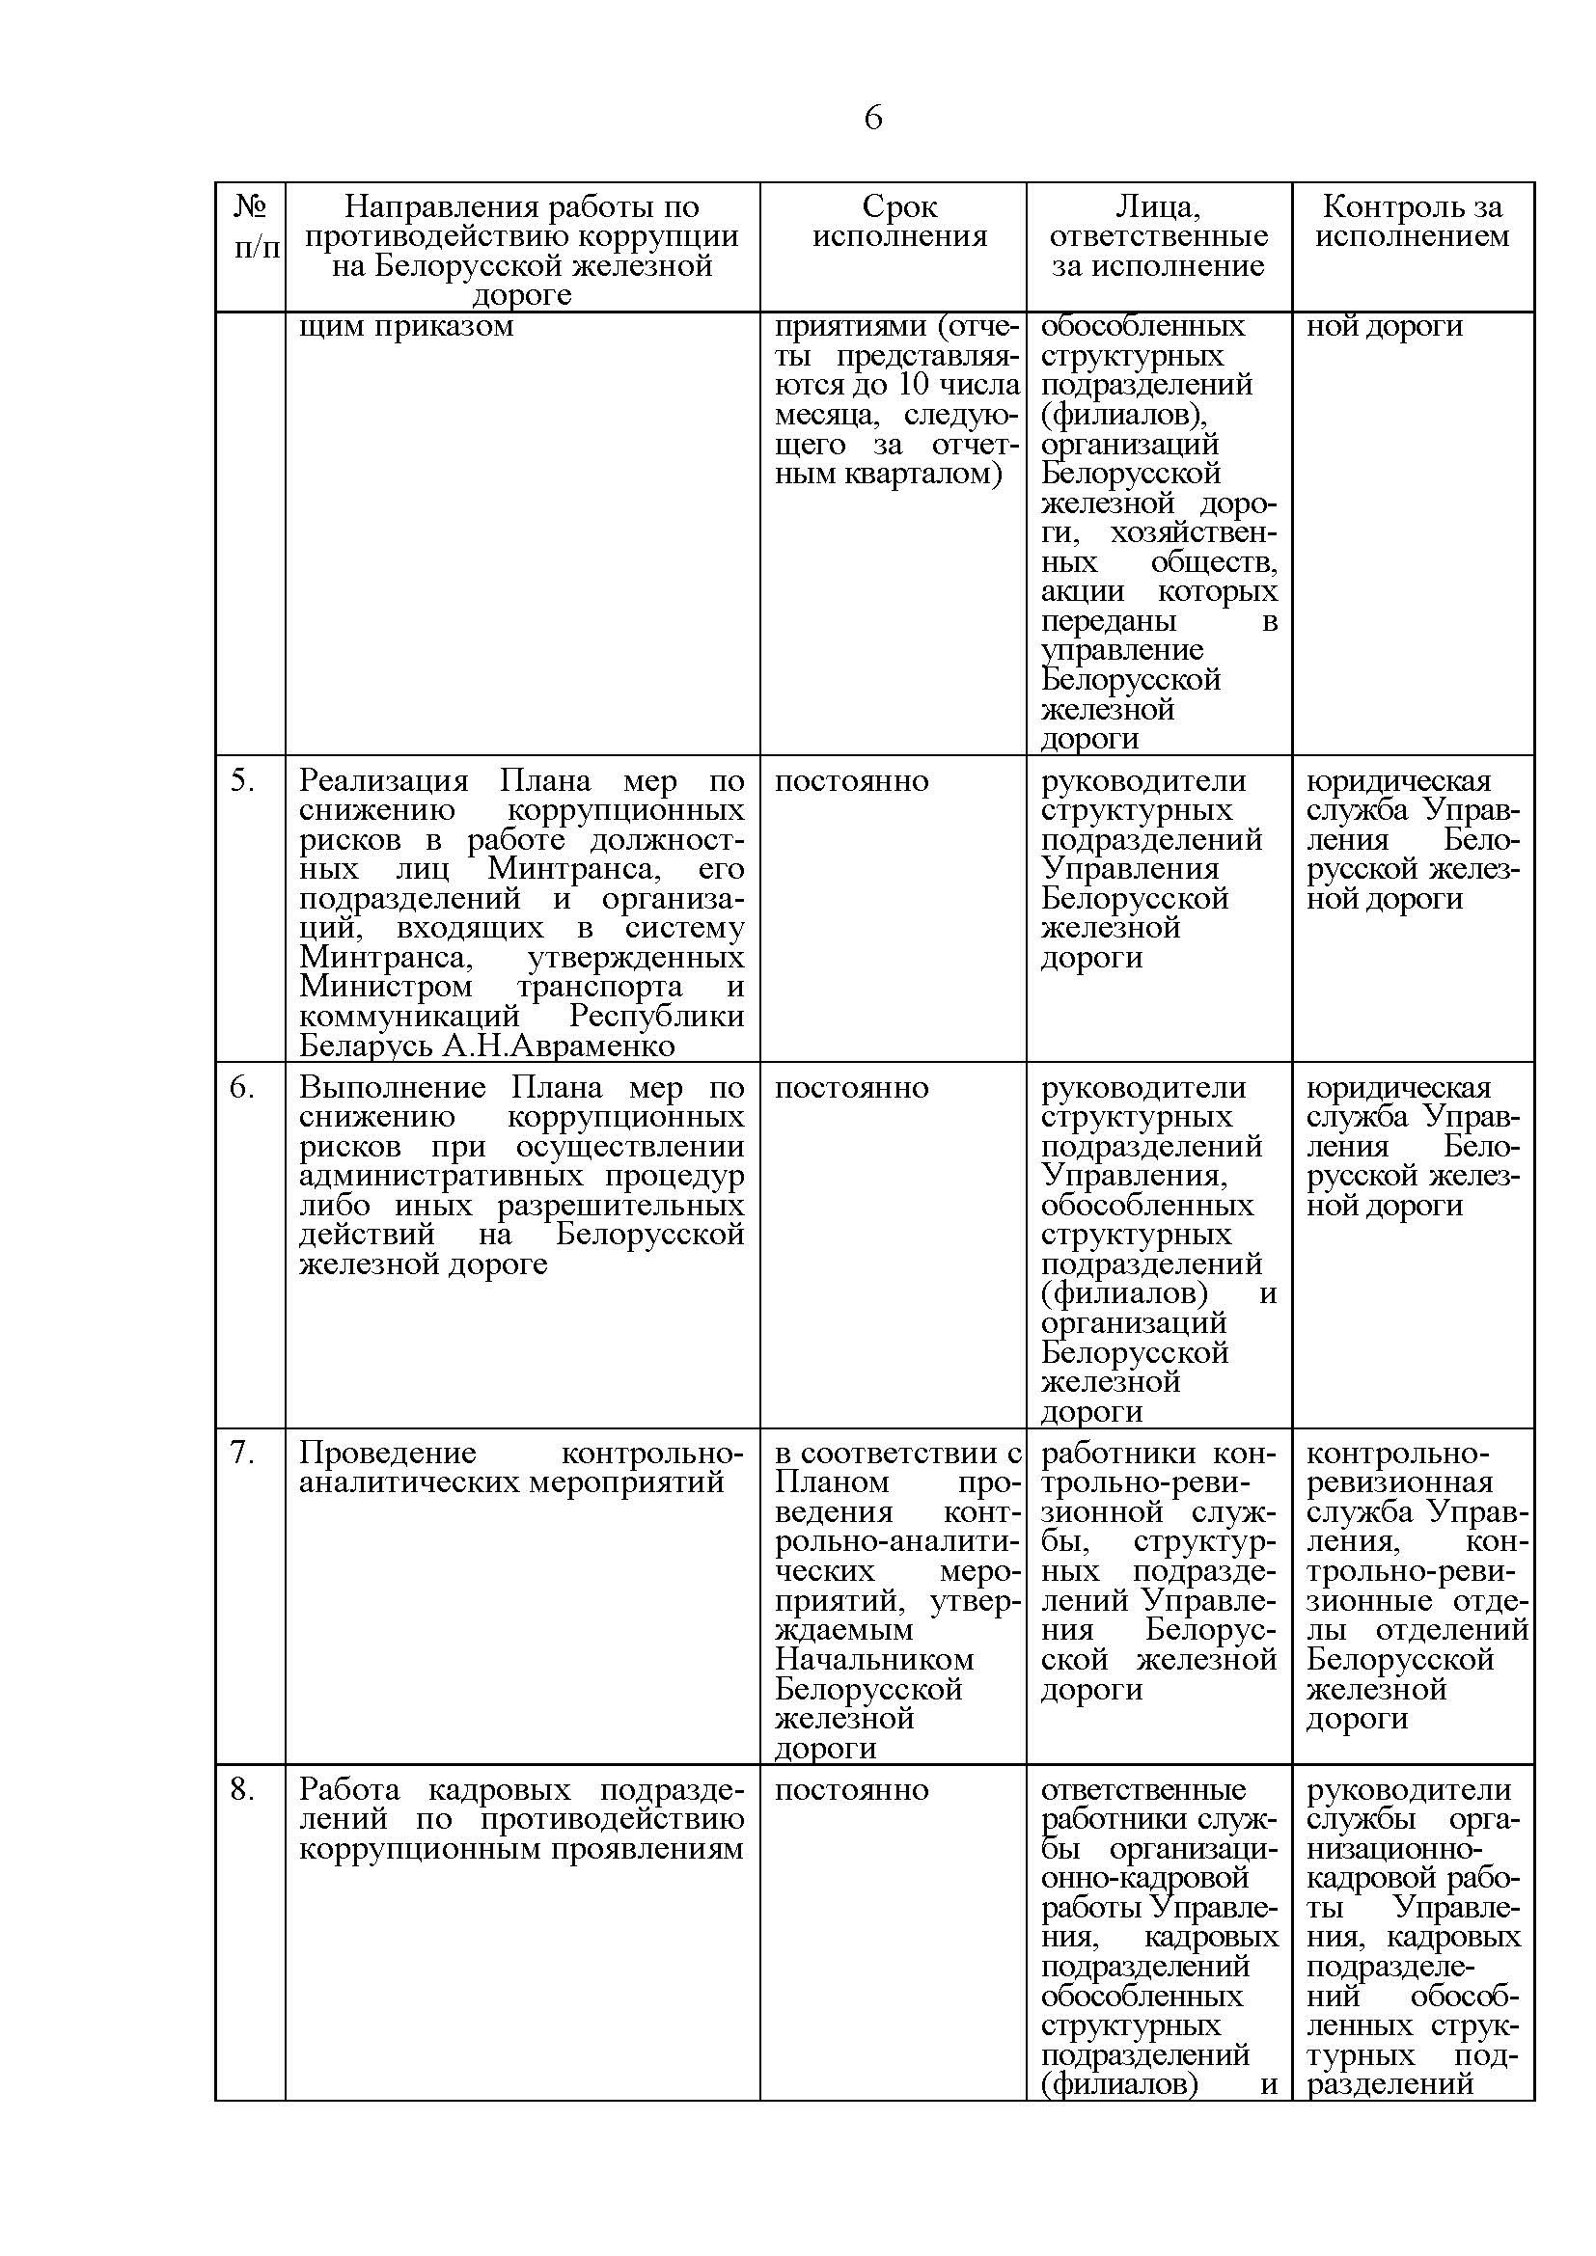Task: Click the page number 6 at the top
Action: [x=872, y=118]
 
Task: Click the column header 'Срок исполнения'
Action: [x=899, y=221]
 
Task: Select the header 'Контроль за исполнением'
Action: [x=1413, y=221]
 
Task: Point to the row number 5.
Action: [x=243, y=781]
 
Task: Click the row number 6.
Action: [x=243, y=1088]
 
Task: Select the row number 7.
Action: [x=243, y=1454]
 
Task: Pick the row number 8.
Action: [x=243, y=1788]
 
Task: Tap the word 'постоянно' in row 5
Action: [x=851, y=781]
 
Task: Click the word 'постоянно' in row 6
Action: [x=851, y=1088]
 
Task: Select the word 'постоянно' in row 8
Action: [x=851, y=1788]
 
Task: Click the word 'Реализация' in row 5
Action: [x=384, y=781]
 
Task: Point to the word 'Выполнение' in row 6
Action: [x=392, y=1088]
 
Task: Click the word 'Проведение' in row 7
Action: [x=387, y=1454]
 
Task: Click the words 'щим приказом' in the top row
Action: [x=406, y=326]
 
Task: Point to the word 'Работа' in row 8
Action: [x=350, y=1788]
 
